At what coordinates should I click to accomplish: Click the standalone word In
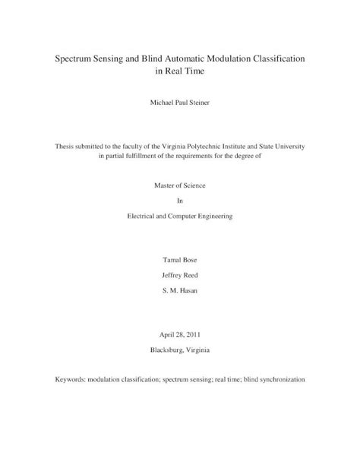pos(180,201)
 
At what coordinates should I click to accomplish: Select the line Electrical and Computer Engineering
pos(179,216)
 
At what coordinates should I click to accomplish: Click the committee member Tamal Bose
pos(179,261)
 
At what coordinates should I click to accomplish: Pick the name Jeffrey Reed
pos(179,275)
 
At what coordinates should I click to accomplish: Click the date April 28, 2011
pos(179,334)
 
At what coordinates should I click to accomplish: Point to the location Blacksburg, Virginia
pos(179,350)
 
